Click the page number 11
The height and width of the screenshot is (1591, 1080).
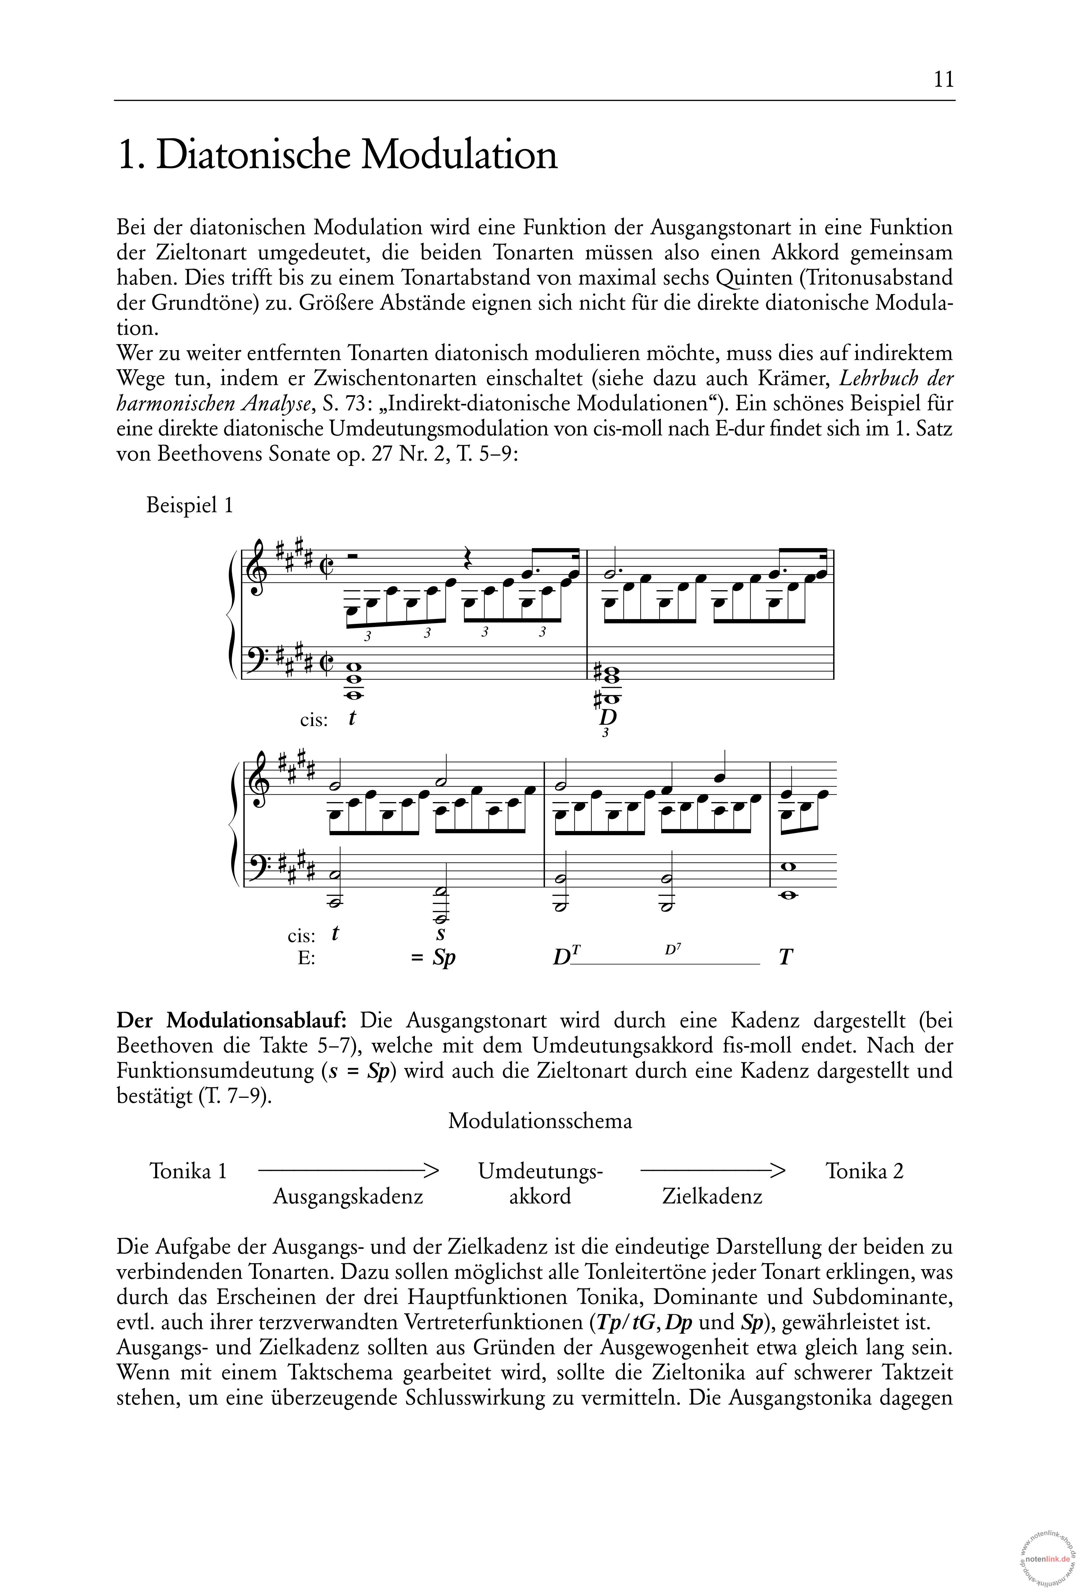click(943, 80)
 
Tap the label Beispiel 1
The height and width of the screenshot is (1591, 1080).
click(190, 505)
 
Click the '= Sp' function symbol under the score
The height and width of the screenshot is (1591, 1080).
click(434, 957)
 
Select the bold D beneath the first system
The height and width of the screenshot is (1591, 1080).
click(607, 717)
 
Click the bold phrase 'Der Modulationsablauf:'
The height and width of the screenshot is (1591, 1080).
click(232, 1021)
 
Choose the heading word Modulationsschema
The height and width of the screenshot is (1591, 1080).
click(540, 1121)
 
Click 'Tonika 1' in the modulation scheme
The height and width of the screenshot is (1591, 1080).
click(188, 1171)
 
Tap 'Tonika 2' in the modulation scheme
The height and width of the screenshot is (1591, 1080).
click(864, 1171)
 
